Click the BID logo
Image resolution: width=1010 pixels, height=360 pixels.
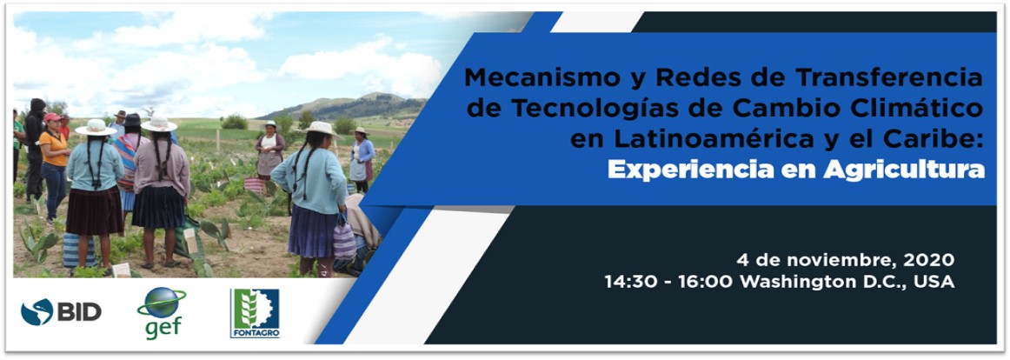tap(61, 312)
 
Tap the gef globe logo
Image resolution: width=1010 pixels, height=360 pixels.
tap(161, 312)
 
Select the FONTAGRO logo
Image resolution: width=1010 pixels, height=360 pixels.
tap(255, 313)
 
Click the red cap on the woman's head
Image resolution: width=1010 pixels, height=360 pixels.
tap(52, 117)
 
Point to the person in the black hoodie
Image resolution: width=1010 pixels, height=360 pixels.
tap(34, 148)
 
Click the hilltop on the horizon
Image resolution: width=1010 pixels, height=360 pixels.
tap(377, 97)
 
